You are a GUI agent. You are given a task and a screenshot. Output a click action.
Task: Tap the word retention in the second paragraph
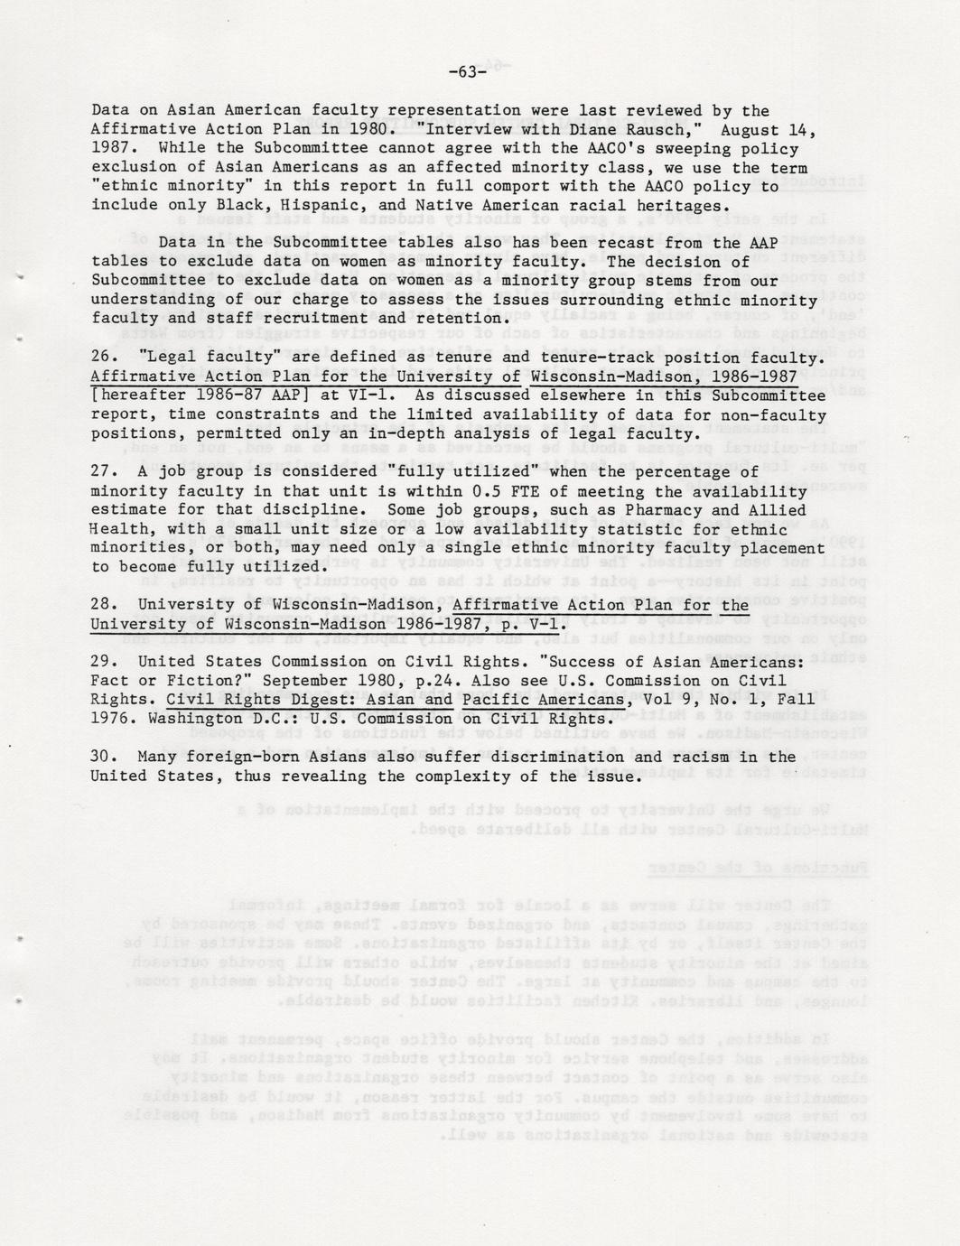pos(460,318)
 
